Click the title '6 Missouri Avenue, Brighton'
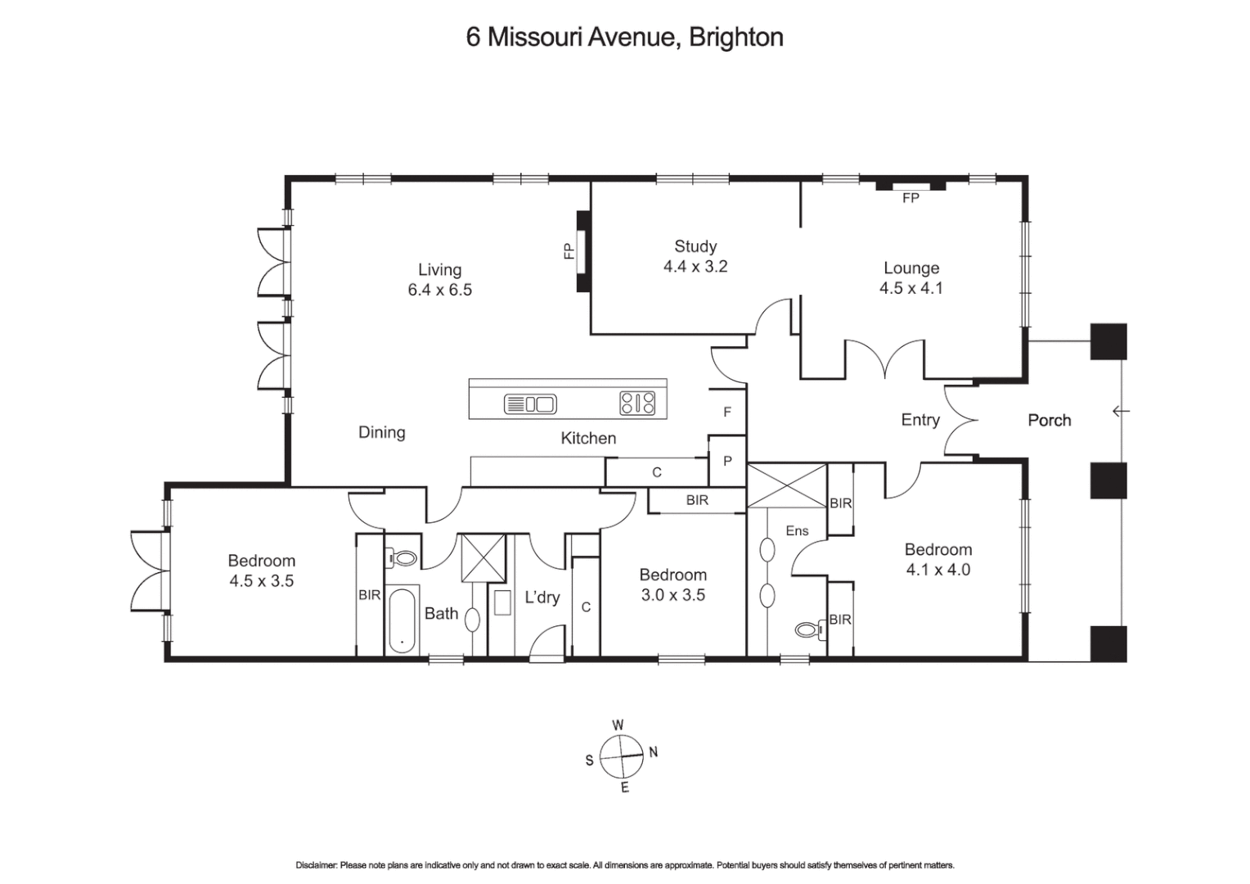[624, 38]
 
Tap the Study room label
[695, 246]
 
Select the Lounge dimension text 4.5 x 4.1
[911, 288]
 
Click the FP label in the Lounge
[911, 198]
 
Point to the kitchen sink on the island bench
[529, 404]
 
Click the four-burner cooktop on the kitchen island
[637, 403]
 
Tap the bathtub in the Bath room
[401, 620]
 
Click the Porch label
[1049, 420]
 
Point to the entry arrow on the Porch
[1121, 411]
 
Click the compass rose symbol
[621, 756]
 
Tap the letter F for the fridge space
[727, 413]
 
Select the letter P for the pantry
[727, 462]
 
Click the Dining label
[381, 432]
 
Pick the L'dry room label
[542, 598]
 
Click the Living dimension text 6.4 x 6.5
[439, 290]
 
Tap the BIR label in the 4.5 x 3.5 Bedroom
[369, 595]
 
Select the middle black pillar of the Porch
[1108, 480]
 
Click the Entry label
[920, 420]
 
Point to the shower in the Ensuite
[786, 486]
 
